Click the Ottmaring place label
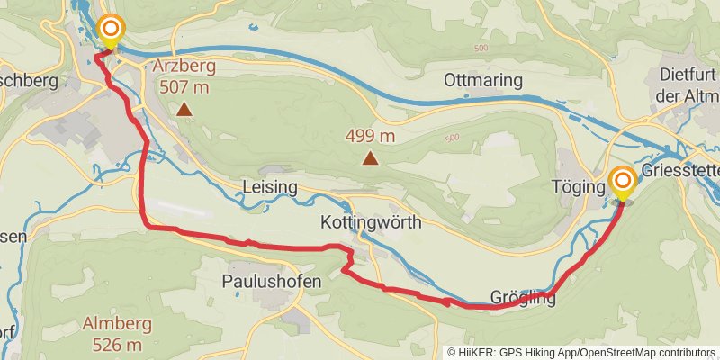482,81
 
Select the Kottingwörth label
370,221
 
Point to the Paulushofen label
266,281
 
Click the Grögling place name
523,297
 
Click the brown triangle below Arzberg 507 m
184,110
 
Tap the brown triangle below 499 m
370,159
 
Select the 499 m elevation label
371,136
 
